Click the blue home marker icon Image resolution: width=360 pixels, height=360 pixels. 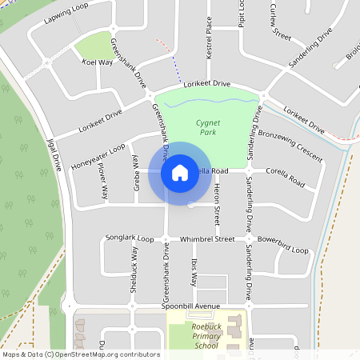click(179, 172)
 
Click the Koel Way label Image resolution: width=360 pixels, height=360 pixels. click(98, 62)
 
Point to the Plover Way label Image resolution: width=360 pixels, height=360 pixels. click(103, 182)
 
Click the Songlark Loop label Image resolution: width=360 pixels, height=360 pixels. click(130, 238)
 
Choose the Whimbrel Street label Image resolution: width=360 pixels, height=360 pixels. click(206, 238)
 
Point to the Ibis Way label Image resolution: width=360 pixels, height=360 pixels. click(194, 273)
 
